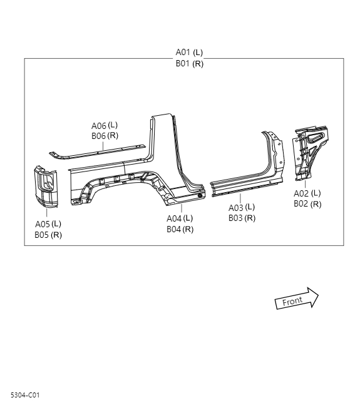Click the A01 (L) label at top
(x=189, y=53)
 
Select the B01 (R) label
(x=189, y=63)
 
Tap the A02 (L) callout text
(x=307, y=193)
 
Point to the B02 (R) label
(x=307, y=204)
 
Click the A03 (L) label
(x=241, y=207)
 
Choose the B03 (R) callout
(x=241, y=218)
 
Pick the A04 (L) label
(x=180, y=218)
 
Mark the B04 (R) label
(x=180, y=229)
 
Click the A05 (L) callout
(x=48, y=223)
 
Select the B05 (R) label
(x=48, y=235)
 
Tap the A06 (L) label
(x=105, y=125)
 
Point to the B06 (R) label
(x=105, y=136)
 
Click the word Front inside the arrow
(x=292, y=301)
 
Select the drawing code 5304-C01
(x=25, y=395)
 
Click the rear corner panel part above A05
(x=46, y=187)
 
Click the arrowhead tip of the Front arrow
(x=318, y=295)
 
